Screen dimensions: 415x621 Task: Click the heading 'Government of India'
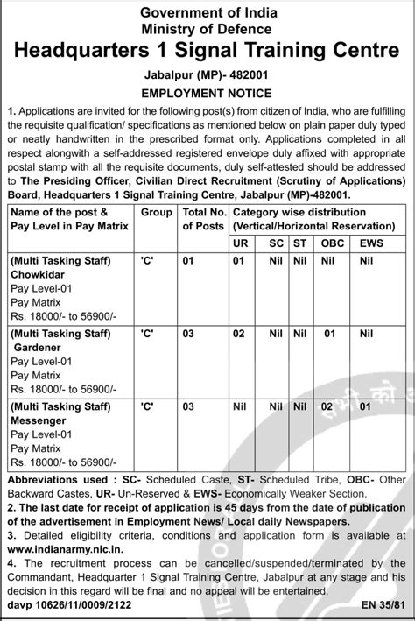(x=207, y=11)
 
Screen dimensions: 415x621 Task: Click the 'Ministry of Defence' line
(x=207, y=28)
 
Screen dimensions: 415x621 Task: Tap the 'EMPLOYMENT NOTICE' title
(x=207, y=91)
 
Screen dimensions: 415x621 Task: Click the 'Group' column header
(x=157, y=213)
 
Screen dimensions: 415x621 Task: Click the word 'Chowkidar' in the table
(x=42, y=274)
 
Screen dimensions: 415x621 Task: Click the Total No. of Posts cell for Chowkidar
(x=187, y=260)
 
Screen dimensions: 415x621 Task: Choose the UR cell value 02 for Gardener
(x=238, y=334)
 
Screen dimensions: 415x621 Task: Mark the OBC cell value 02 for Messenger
(x=328, y=407)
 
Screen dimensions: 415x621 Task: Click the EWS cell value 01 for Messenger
(x=365, y=407)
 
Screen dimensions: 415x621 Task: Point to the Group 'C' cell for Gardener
(x=147, y=334)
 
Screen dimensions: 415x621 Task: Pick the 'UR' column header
(x=239, y=241)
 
